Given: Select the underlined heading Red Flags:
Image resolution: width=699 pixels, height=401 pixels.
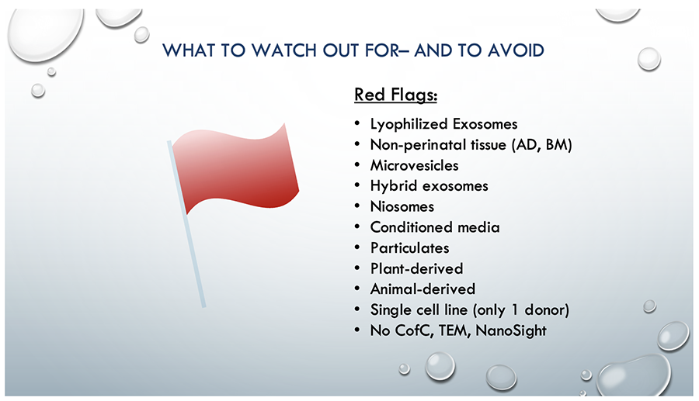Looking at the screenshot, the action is click(396, 95).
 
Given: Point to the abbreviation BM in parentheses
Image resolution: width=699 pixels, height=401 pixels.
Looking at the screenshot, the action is click(557, 144).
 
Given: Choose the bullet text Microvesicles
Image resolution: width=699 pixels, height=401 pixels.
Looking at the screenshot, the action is click(414, 165).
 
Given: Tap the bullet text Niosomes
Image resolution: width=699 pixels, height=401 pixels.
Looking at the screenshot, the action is click(402, 206).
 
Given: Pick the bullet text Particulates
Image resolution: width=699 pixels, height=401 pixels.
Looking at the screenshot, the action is click(409, 248).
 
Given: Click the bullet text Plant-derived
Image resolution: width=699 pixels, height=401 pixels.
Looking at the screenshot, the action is click(417, 269).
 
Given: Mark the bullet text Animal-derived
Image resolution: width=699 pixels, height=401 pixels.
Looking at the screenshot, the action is click(423, 289).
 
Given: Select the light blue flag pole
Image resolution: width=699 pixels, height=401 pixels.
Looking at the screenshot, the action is click(186, 224).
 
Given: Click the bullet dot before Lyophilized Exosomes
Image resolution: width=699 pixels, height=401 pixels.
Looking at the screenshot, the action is click(357, 124).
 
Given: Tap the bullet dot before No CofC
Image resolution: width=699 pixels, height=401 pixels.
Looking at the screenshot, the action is click(357, 330).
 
